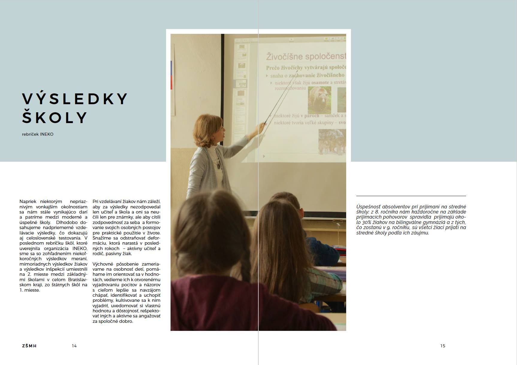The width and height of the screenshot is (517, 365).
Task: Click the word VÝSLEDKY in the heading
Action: click(75, 99)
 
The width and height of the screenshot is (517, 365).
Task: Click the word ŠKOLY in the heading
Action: click(55, 118)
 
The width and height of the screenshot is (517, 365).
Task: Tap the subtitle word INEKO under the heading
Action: click(47, 134)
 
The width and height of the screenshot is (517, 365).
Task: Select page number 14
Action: click(74, 346)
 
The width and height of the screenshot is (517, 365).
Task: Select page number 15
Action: click(443, 346)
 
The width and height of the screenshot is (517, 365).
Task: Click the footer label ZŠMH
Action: click(29, 346)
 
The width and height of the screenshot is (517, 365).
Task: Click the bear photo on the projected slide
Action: click(319, 100)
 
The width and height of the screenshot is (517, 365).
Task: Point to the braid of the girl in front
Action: click(245, 263)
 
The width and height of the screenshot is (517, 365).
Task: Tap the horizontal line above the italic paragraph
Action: click(411, 196)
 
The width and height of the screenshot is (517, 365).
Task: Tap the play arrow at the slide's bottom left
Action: click(264, 156)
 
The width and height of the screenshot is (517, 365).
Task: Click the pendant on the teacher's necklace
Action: click(218, 165)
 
